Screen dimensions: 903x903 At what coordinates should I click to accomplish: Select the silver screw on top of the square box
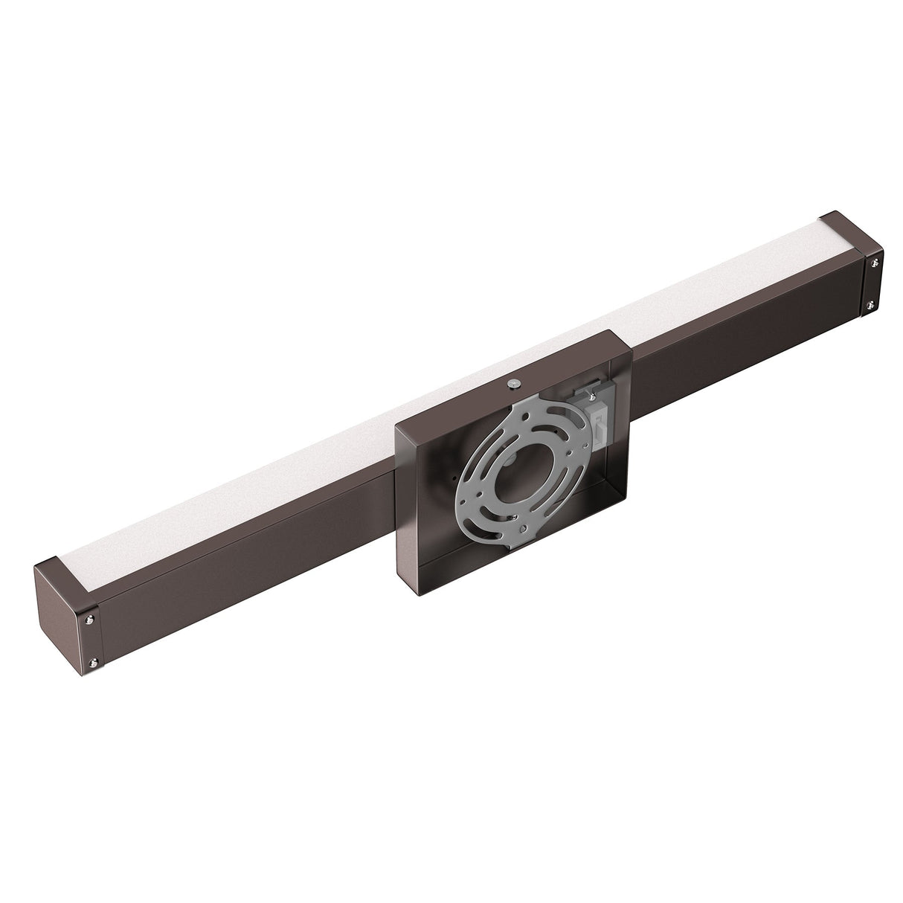pos(513,383)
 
